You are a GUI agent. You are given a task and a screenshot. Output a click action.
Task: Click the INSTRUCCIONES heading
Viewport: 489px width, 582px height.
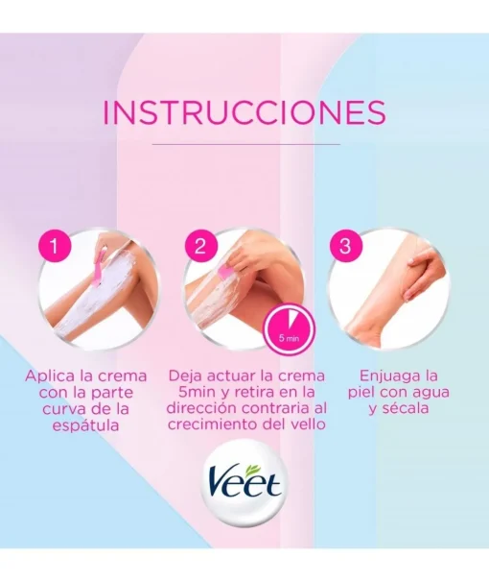point(244,111)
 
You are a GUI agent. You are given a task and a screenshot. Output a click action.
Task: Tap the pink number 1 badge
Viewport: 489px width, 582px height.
point(55,246)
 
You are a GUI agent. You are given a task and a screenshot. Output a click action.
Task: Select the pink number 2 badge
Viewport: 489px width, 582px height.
point(200,246)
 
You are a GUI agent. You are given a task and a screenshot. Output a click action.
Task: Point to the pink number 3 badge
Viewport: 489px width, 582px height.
point(345,246)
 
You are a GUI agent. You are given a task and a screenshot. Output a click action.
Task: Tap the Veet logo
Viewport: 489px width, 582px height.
point(244,482)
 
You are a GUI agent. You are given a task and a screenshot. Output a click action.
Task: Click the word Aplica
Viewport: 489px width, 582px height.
point(49,376)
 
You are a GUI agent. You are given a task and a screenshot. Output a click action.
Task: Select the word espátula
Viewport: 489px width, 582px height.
point(86,425)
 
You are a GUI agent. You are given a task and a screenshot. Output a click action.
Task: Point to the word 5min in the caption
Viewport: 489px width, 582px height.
point(196,393)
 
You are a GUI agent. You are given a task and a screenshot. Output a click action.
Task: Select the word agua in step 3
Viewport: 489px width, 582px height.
point(431,393)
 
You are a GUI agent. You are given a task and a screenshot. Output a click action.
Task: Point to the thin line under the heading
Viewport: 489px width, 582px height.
point(246,144)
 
